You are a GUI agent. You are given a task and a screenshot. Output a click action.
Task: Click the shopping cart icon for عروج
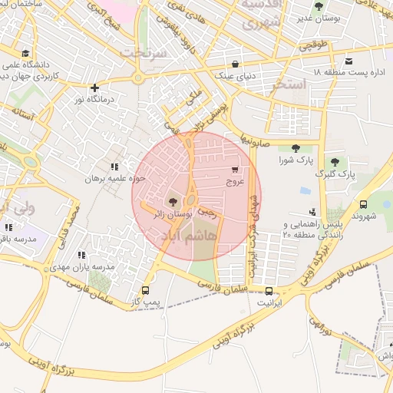[234, 170]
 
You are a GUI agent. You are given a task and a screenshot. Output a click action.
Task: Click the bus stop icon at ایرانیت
[269, 291]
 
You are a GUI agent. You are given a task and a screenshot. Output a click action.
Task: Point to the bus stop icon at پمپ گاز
[145, 291]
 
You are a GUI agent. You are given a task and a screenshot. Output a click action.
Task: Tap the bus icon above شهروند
[363, 204]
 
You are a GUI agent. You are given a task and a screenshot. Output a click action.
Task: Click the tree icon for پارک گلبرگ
[334, 161]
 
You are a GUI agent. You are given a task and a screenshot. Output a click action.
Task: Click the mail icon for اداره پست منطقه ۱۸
[348, 61]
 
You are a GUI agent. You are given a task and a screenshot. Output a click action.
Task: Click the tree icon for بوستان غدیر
[319, 6]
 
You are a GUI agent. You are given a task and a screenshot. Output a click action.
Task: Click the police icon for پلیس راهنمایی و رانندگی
[312, 212]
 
